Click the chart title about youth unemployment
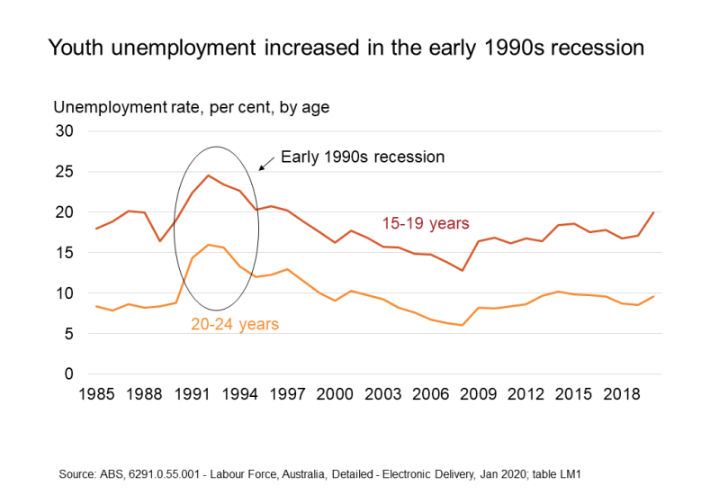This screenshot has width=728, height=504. tap(346, 48)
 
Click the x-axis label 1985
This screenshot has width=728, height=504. tap(96, 395)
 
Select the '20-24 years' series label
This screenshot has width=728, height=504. tap(235, 324)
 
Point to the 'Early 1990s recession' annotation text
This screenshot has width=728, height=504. tap(363, 157)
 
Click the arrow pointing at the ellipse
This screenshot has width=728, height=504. tap(265, 165)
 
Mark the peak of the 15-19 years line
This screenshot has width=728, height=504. tap(208, 175)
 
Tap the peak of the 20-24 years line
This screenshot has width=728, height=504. tap(208, 245)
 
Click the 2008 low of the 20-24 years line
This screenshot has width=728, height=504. tap(462, 325)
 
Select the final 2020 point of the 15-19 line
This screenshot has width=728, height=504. tap(652, 212)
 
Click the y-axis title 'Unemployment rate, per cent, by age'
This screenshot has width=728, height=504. tap(192, 108)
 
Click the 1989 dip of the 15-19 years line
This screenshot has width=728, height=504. tap(160, 240)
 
